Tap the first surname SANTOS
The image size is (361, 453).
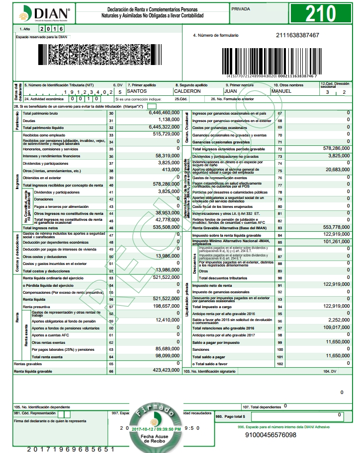click(x=137, y=91)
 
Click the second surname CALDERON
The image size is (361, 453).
click(x=187, y=91)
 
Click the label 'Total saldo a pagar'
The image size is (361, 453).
click(x=209, y=357)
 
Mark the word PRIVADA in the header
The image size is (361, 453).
click(x=242, y=8)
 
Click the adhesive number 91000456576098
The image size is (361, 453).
click(x=271, y=435)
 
